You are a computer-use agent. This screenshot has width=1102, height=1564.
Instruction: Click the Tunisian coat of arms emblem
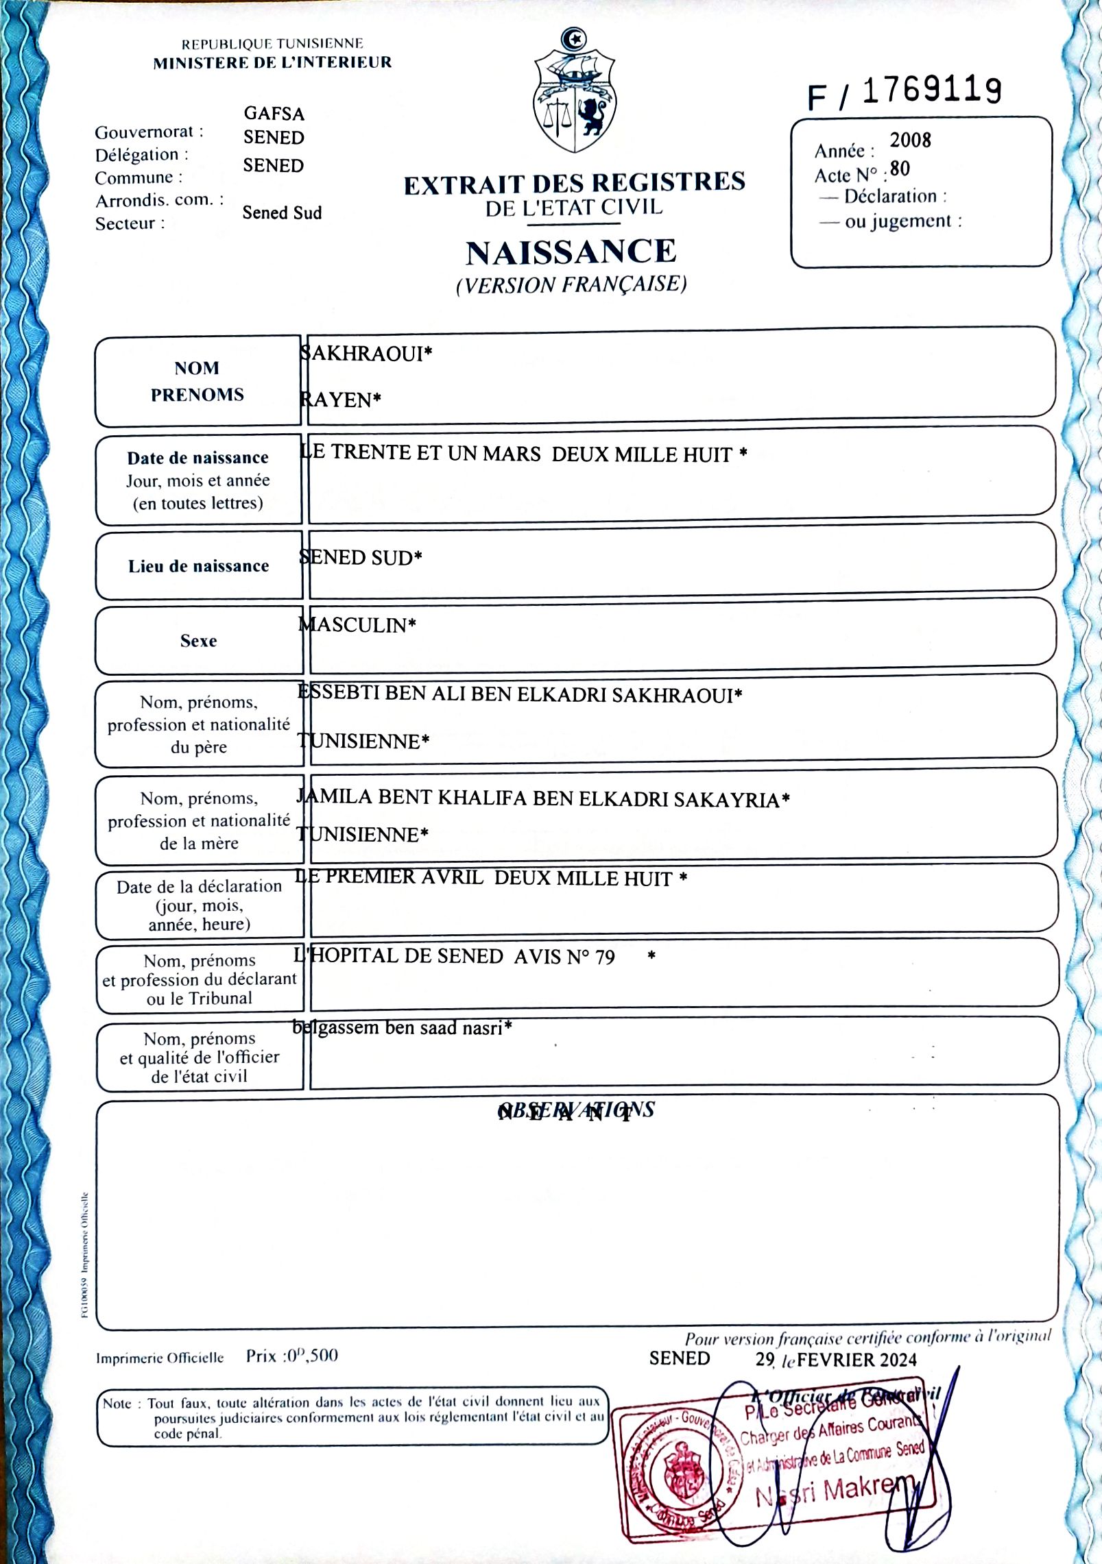click(575, 93)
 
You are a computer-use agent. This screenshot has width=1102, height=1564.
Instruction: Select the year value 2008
click(910, 140)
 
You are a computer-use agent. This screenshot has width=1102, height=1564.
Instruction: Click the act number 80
click(900, 169)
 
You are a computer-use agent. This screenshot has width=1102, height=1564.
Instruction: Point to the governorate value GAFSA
click(274, 113)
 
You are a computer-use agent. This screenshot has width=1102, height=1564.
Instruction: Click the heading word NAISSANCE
click(571, 252)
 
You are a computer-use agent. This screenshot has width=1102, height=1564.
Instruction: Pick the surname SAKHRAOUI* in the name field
click(366, 354)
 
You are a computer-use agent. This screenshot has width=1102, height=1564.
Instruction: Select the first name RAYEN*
click(340, 400)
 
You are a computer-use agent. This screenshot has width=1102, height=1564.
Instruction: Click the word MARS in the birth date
click(511, 454)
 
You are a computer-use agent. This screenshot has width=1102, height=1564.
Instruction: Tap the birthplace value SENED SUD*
click(361, 558)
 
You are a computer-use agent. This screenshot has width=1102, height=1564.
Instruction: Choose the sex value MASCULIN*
click(357, 625)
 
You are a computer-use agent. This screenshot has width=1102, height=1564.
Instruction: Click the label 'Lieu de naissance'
click(198, 566)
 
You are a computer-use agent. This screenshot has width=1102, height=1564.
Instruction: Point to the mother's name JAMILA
click(334, 797)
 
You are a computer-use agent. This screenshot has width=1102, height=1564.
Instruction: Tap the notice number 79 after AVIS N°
click(605, 957)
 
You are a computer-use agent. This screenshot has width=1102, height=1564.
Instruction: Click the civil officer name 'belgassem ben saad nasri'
click(402, 1028)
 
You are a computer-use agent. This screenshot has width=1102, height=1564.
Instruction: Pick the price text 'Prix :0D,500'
click(291, 1356)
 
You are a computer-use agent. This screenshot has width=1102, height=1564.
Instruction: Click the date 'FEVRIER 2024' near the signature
click(857, 1360)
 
